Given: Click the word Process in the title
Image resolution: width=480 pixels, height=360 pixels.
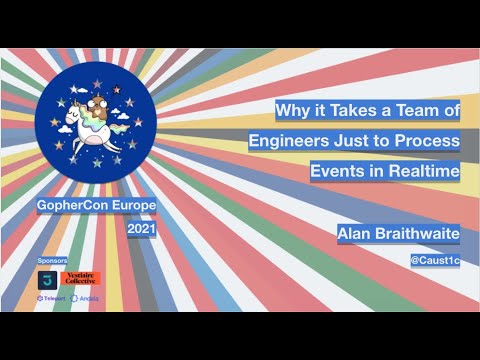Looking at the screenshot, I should tap(428, 141).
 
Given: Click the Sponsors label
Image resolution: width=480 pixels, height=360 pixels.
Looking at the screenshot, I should tap(52, 259).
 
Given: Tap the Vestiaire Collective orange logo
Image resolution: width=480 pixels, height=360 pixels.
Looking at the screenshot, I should tap(82, 277).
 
